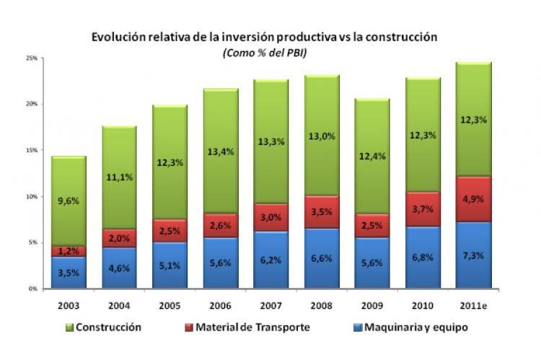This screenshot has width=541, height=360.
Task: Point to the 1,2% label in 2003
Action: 69,252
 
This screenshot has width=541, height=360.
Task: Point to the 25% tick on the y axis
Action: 31,58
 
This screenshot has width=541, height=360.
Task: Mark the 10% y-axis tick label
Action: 31,196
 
